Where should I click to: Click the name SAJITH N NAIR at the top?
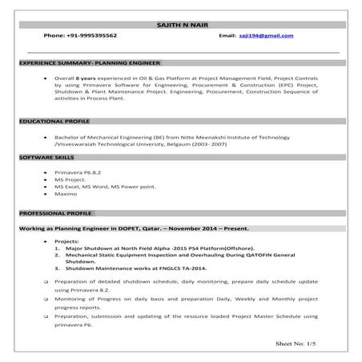pos(179,27)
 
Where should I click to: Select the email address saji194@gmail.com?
pos(267,37)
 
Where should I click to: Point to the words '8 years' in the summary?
pos(88,77)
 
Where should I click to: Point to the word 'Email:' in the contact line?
pos(227,37)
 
